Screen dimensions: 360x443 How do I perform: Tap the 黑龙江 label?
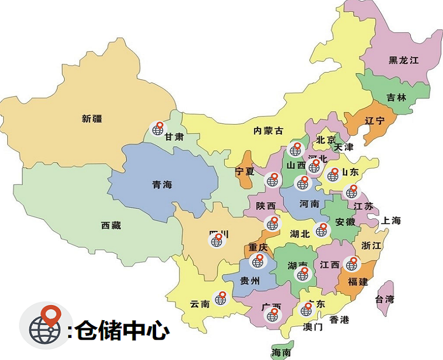point(403,60)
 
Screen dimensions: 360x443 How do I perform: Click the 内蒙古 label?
point(268,131)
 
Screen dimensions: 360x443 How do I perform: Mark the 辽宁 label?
point(375,121)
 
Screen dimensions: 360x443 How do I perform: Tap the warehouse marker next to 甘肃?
point(158,130)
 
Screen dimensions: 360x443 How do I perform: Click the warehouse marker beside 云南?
point(221,299)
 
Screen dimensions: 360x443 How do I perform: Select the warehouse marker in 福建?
point(351,264)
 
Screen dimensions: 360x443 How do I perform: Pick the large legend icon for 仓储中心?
point(47,326)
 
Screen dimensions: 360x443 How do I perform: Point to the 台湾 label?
point(385,300)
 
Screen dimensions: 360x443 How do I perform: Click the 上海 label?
point(390,220)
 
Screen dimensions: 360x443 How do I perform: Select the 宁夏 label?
point(245,171)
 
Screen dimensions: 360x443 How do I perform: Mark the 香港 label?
point(339,320)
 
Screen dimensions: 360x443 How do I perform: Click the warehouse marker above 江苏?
point(351,192)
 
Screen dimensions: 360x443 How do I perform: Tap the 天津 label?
point(344,147)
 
